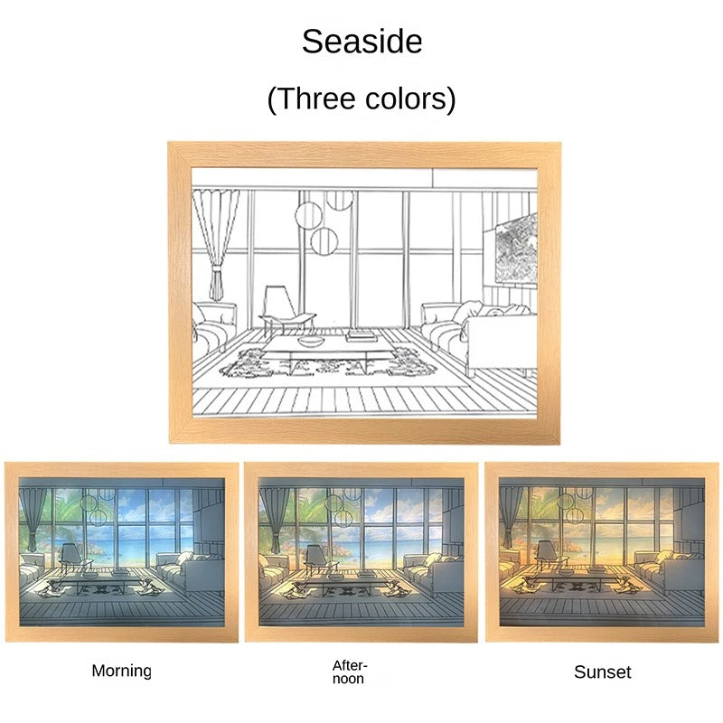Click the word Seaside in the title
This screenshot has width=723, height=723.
pyautogui.click(x=361, y=41)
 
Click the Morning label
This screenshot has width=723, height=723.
pyautogui.click(x=121, y=671)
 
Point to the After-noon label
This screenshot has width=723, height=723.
pyautogui.click(x=349, y=671)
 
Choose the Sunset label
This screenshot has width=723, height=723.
pyautogui.click(x=602, y=671)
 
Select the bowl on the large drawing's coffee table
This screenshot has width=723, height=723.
pyautogui.click(x=310, y=341)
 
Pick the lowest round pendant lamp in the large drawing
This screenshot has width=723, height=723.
pyautogui.click(x=324, y=239)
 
